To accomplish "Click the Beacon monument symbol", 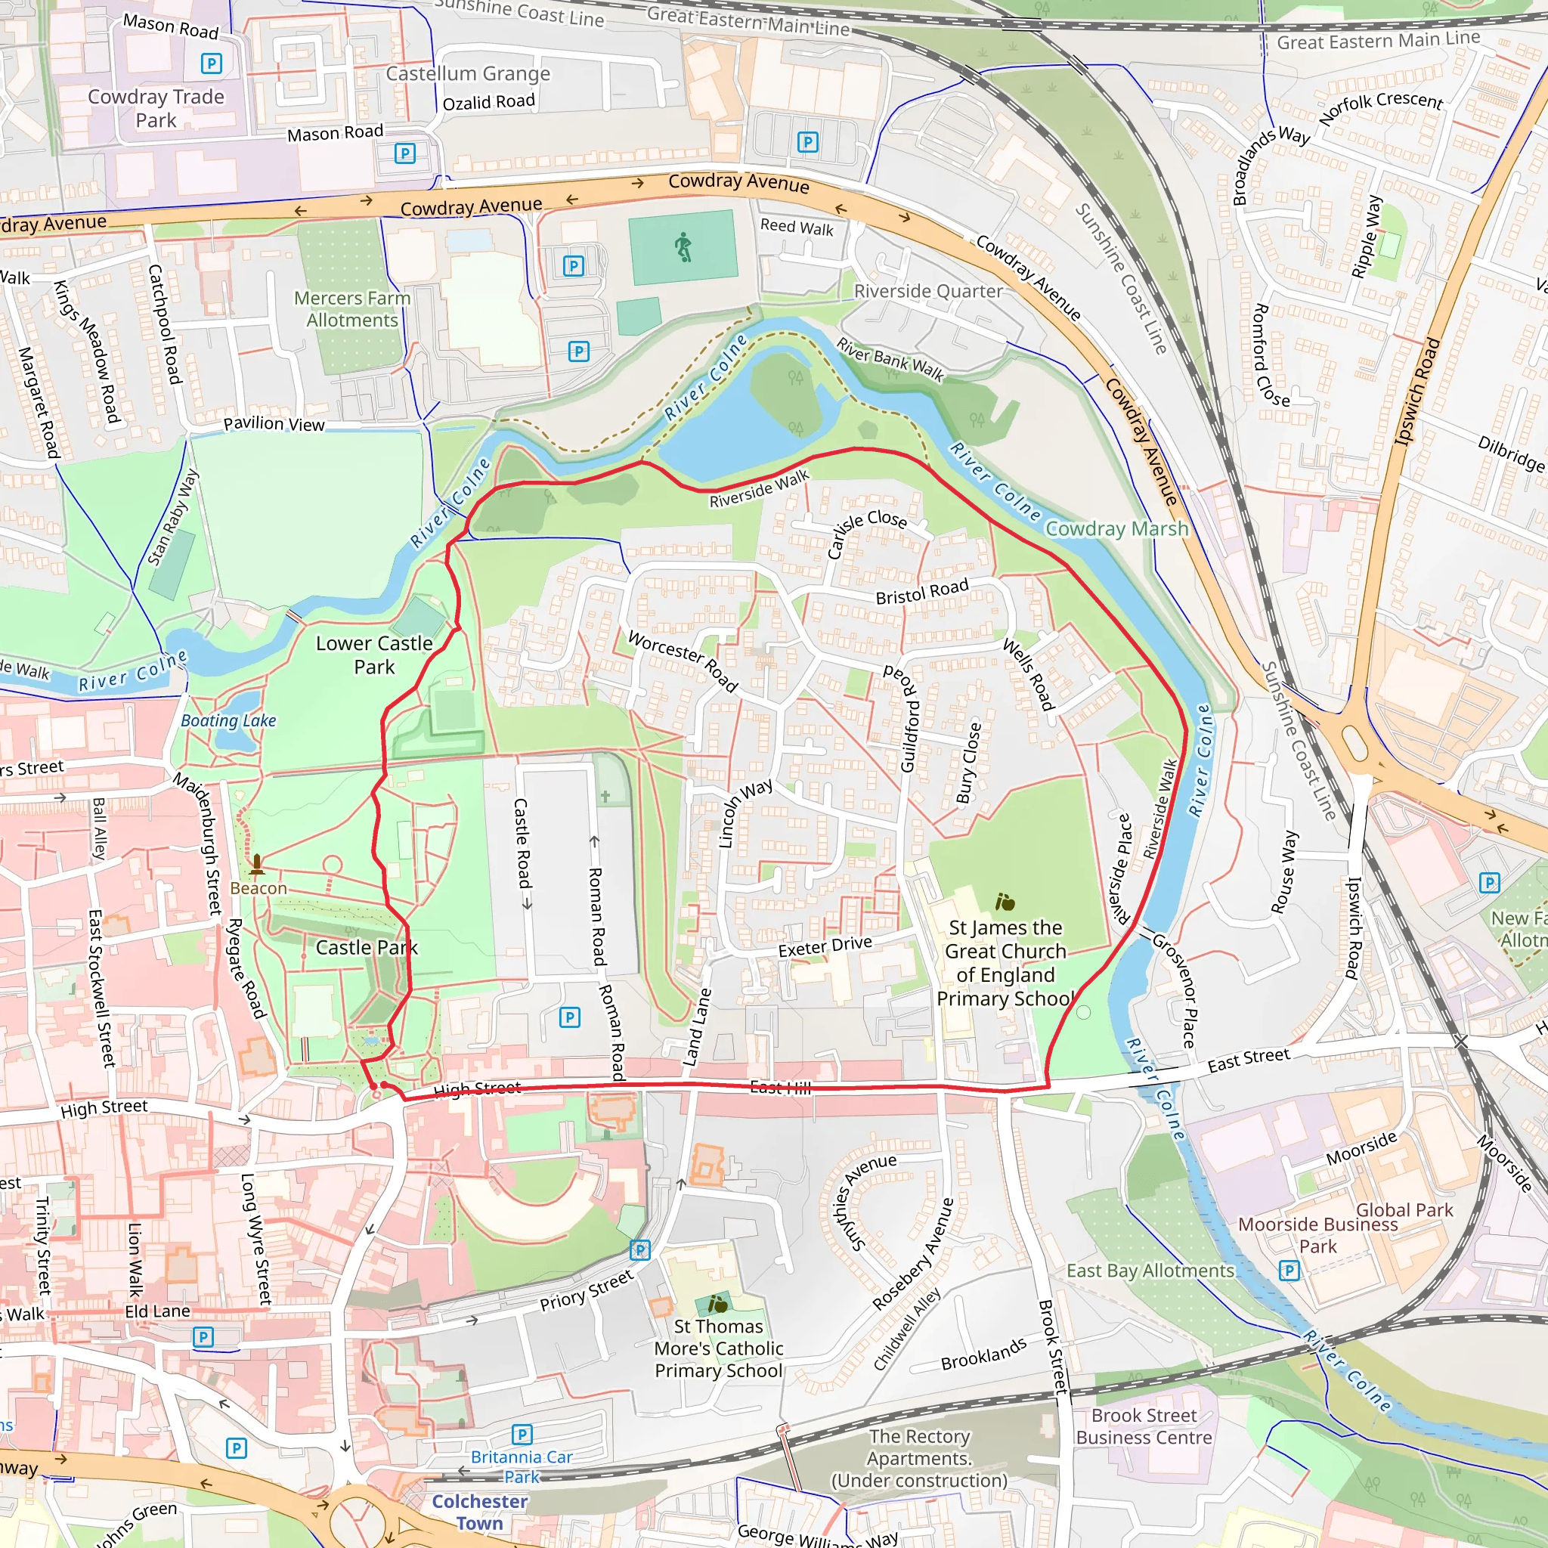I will [x=257, y=865].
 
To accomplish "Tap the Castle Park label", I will [x=366, y=948].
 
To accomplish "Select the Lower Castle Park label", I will [x=374, y=655].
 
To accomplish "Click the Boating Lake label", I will [x=228, y=720].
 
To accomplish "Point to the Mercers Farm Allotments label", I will [x=351, y=309].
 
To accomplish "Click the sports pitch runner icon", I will [x=683, y=248].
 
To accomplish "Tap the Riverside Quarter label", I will [x=928, y=292].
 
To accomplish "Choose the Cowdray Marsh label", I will [x=1116, y=529].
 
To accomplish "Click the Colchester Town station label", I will [x=479, y=1512].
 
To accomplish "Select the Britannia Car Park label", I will [x=522, y=1466].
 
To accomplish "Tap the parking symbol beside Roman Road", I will [x=570, y=1017].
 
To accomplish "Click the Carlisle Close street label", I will [x=866, y=532].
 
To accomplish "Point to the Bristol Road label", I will [x=921, y=592].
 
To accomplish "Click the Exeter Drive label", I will [x=825, y=946].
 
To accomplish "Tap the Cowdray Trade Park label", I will [x=156, y=108].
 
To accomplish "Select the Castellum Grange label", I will [x=468, y=74].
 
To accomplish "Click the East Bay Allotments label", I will [x=1150, y=1271].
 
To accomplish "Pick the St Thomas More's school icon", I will [x=718, y=1305].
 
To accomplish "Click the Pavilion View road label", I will [x=274, y=424].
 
